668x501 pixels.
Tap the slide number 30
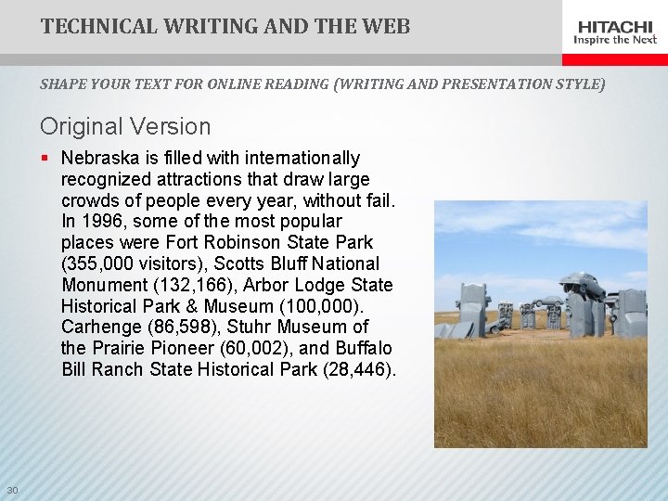[11, 490]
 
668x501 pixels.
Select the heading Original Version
[125, 126]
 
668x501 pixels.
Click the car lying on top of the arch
[581, 284]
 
